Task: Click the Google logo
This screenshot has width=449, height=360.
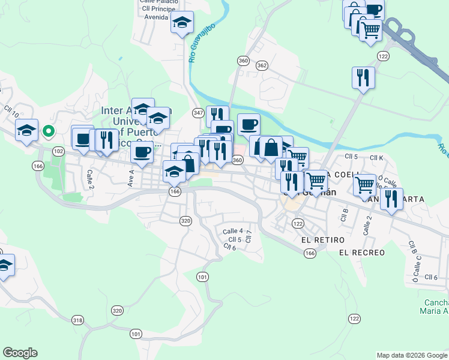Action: coord(20,353)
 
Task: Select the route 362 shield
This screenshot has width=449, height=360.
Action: coord(261,65)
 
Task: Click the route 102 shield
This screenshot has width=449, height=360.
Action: coord(58,151)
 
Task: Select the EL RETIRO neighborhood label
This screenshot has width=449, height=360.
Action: coord(313,239)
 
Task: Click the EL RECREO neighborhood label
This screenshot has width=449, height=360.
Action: coord(361,253)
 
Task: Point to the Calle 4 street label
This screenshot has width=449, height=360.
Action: coord(232,231)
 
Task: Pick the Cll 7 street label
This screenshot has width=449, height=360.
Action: coord(249,236)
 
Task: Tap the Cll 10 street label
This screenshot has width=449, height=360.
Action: coord(11,111)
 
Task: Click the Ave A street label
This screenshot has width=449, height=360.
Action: coord(130,177)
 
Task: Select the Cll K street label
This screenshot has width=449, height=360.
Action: coord(376,157)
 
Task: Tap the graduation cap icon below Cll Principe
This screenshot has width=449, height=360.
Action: coord(182,23)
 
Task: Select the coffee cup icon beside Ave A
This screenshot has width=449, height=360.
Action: coord(142,152)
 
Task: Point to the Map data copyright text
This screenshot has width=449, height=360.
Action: coord(412,355)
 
